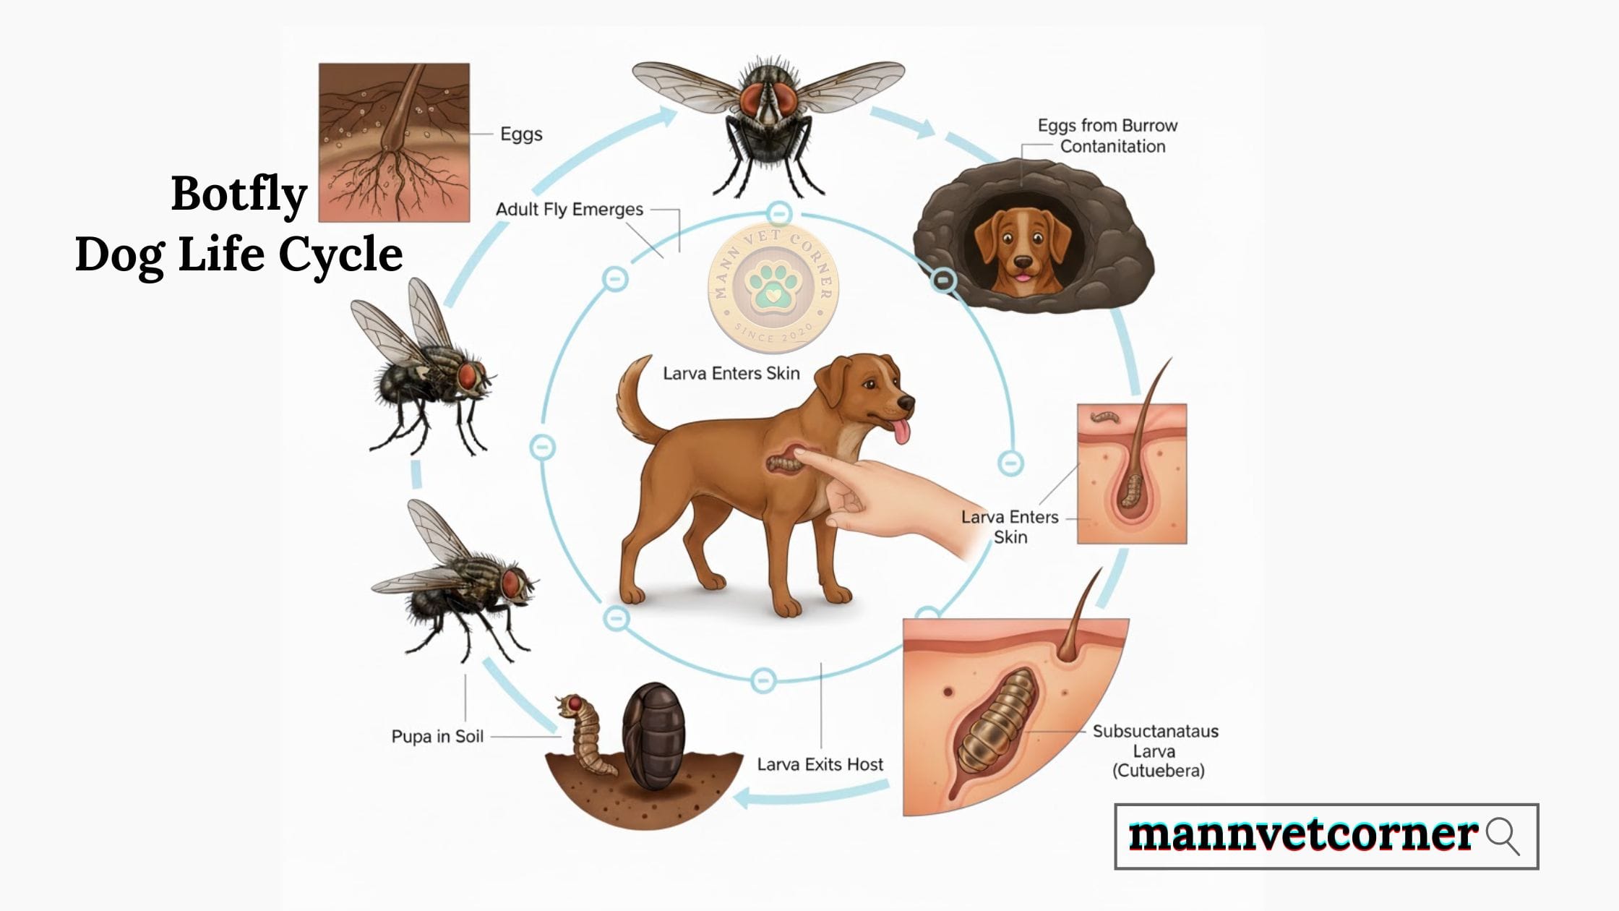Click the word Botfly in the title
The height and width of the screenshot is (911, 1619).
pos(239,194)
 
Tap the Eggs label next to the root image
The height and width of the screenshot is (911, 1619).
pos(521,134)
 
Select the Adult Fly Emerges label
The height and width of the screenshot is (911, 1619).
pos(569,210)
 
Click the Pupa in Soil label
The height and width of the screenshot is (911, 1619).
pos(437,736)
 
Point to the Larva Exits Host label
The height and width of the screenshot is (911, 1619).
pos(820,764)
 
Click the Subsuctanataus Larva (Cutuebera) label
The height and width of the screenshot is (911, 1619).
pos(1156,750)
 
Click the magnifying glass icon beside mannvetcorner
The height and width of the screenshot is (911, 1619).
pos(1502,836)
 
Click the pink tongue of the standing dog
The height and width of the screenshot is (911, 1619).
pos(902,432)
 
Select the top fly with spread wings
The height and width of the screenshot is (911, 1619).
pos(769,116)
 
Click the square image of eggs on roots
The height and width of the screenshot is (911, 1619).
pos(394,142)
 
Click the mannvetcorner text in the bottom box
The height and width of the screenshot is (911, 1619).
pos(1302,835)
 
